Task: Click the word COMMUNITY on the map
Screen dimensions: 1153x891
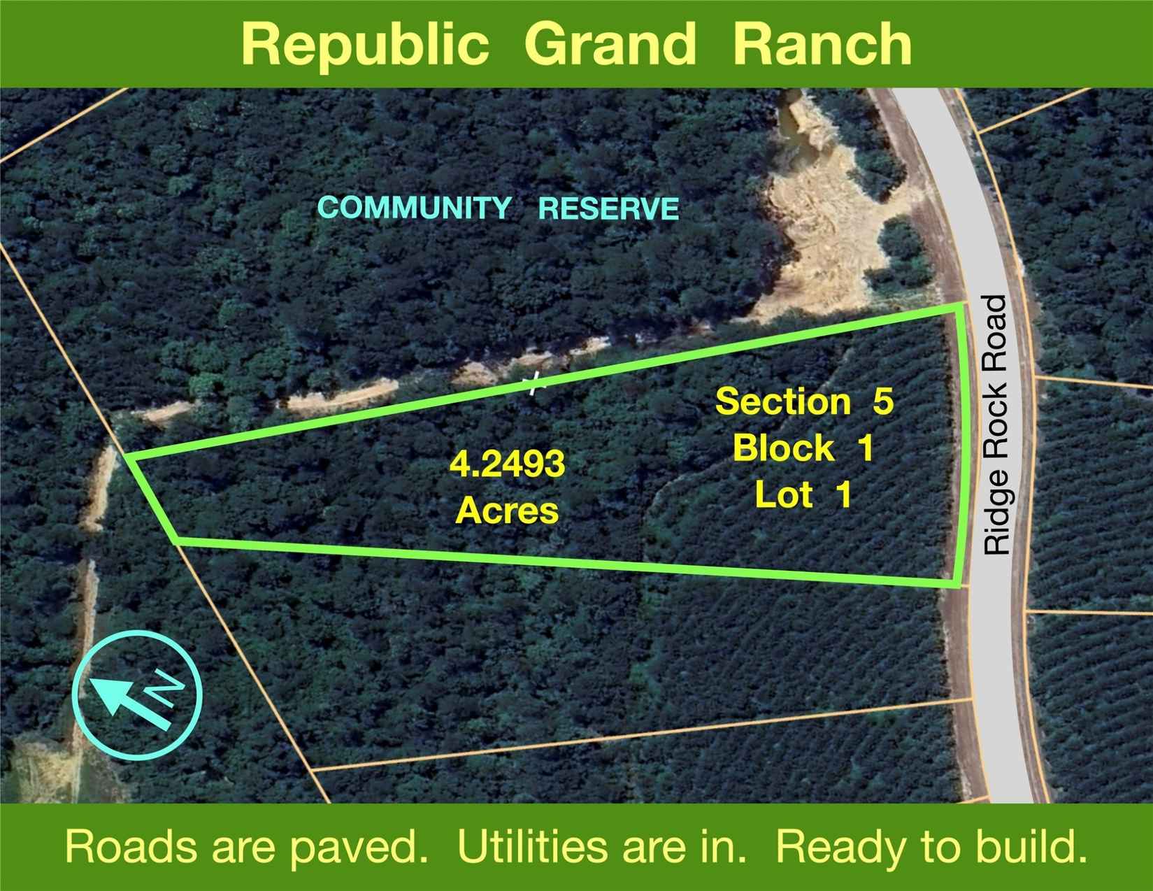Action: [x=415, y=208]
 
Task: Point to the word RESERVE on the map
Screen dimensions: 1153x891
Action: [x=608, y=208]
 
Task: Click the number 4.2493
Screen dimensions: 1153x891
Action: [x=507, y=464]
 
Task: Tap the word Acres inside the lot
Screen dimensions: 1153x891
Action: [x=507, y=511]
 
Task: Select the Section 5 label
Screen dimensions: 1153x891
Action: [x=804, y=401]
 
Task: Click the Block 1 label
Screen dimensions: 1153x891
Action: [x=803, y=448]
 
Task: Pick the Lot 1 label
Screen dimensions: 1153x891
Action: [x=803, y=494]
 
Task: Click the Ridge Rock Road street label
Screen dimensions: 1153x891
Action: [x=995, y=425]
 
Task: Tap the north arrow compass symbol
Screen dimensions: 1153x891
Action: [x=137, y=696]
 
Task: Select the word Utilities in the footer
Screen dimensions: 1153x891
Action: [x=531, y=846]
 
